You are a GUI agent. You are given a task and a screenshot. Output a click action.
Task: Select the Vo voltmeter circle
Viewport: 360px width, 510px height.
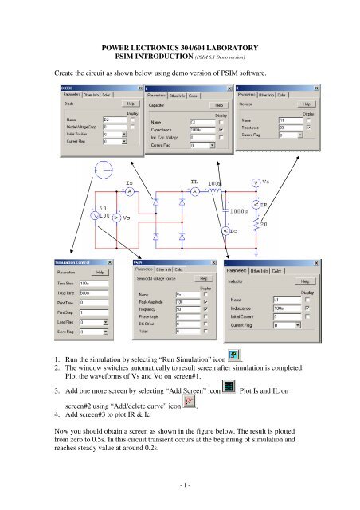pos(256,184)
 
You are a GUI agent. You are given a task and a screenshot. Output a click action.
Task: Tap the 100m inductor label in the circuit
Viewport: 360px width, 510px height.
pos(213,184)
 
